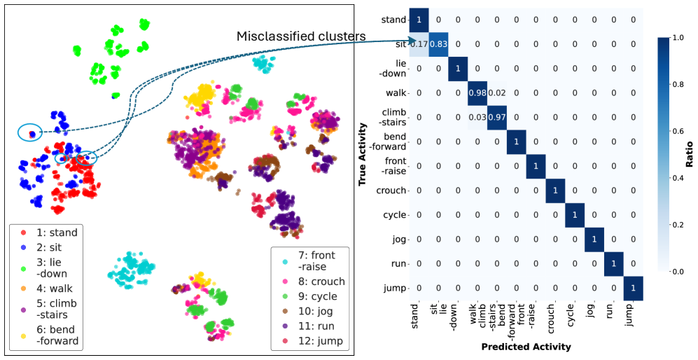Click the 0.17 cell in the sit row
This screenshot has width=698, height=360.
pos(419,44)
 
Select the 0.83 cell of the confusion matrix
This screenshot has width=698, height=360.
pos(438,44)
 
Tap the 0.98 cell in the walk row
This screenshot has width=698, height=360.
pos(477,92)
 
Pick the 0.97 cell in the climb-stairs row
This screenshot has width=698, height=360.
pos(497,117)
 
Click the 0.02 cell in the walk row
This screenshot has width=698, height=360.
pos(497,92)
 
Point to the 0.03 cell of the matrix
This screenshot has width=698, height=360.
pos(477,117)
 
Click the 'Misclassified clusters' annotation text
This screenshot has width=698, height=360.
pos(301,36)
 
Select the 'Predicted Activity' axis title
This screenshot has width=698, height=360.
pos(526,347)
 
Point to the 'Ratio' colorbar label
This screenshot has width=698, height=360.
pos(690,154)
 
